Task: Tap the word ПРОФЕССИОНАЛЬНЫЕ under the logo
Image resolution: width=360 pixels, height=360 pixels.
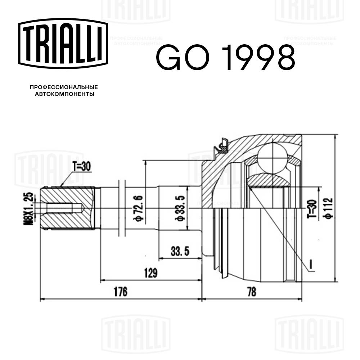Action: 64,87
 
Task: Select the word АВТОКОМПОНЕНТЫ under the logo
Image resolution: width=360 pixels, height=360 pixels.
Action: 64,95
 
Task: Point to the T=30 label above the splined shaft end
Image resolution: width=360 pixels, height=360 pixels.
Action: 82,166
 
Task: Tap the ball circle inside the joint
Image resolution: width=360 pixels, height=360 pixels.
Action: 272,158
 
